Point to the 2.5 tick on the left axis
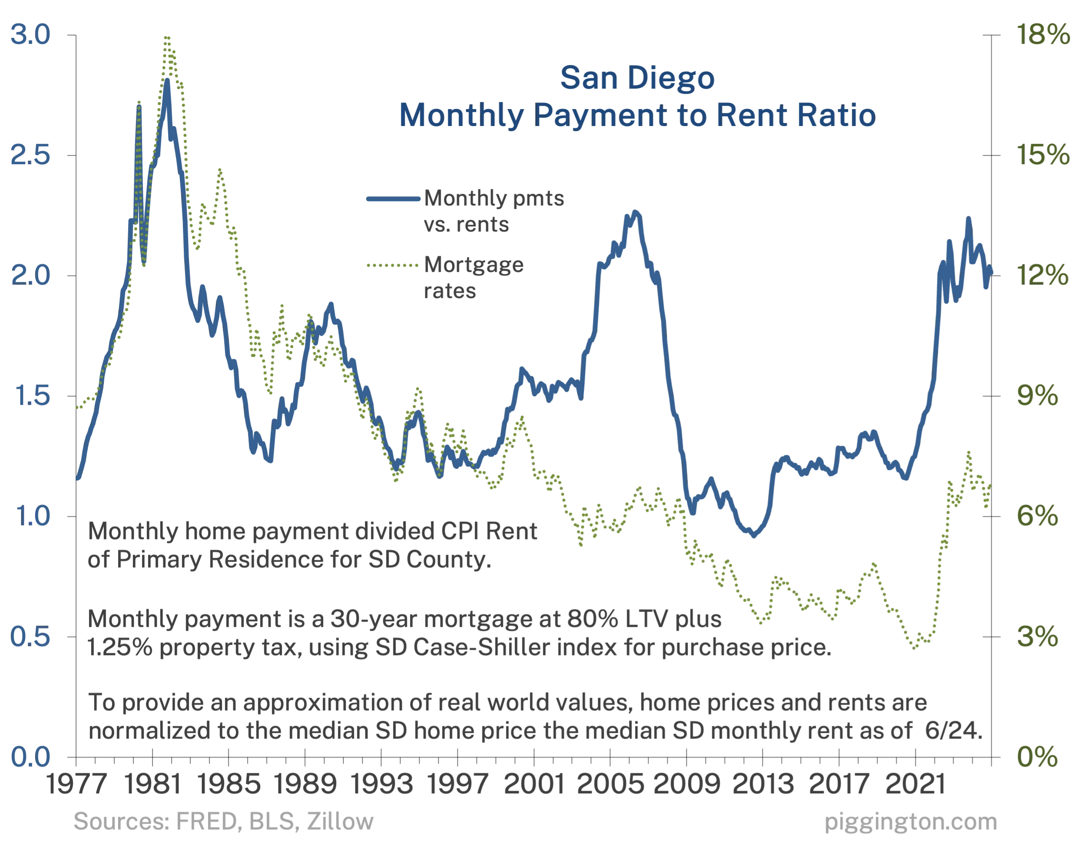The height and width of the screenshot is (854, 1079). click(x=31, y=156)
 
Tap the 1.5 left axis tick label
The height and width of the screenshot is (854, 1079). click(x=31, y=397)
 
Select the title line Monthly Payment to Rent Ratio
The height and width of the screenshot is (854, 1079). click(x=638, y=116)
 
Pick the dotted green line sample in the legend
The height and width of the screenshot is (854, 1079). click(x=393, y=265)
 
